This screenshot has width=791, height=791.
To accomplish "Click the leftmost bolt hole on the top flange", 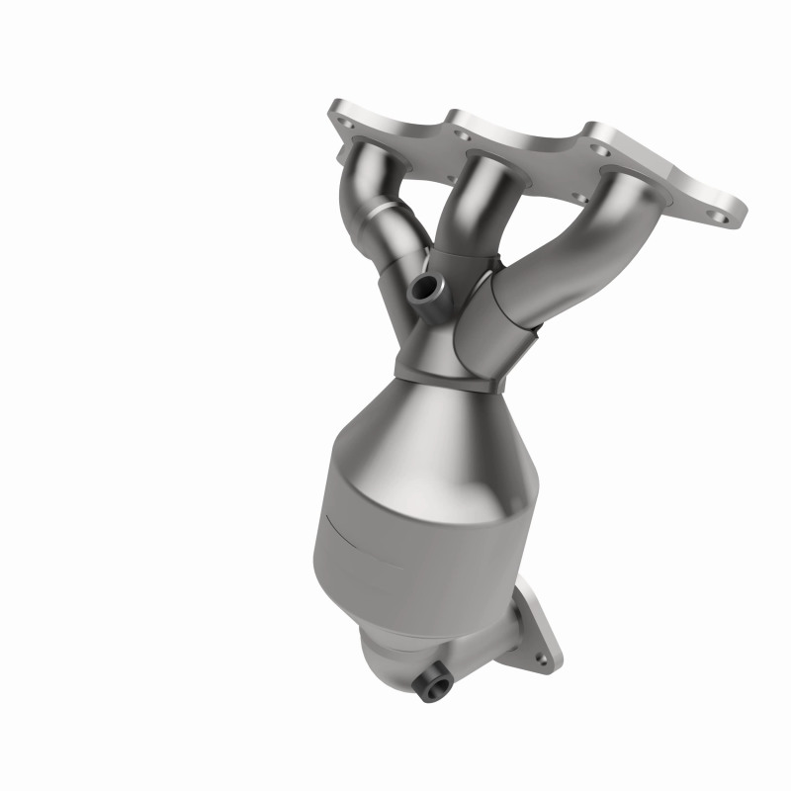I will pyautogui.click(x=344, y=127).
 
